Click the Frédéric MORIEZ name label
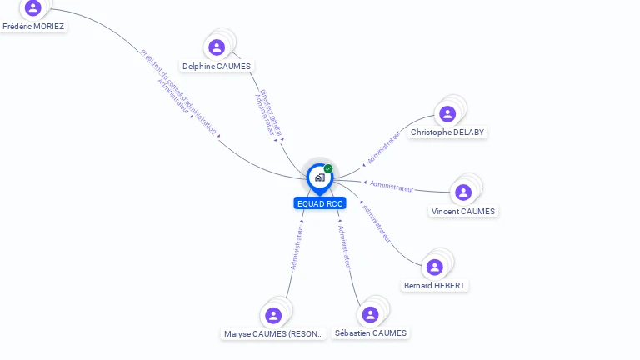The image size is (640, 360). [x=33, y=26]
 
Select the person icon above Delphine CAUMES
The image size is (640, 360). [x=217, y=47]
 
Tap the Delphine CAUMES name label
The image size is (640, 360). [x=217, y=67]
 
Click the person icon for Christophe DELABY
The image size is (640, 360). [x=447, y=114]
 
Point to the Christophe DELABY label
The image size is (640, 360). [x=447, y=132]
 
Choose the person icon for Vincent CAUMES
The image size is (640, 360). [x=463, y=192]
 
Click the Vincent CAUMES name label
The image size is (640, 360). [x=463, y=212]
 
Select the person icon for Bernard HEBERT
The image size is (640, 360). [x=434, y=267]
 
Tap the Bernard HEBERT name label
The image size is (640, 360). [x=435, y=286]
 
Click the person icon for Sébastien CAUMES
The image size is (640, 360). [x=370, y=314]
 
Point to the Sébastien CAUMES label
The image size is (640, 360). [x=371, y=333]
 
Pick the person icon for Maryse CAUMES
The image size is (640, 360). [x=273, y=315]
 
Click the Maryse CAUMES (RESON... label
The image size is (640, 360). [x=273, y=334]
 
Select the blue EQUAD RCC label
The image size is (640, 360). [x=320, y=203]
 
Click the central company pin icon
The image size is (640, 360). [x=319, y=177]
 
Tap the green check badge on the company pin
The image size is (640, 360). [x=328, y=168]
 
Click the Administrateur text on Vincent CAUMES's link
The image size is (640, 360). [x=392, y=186]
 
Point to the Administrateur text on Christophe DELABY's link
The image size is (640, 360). [x=384, y=147]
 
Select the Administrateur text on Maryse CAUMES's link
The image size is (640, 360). [x=296, y=247]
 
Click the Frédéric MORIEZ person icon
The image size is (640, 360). [x=33, y=7]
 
